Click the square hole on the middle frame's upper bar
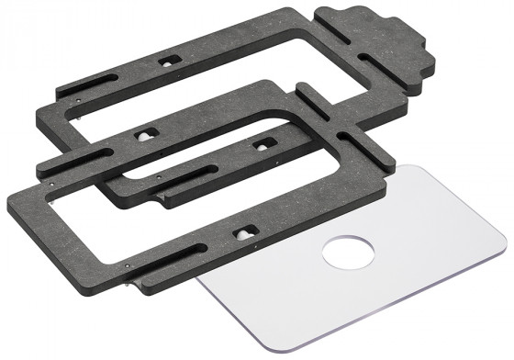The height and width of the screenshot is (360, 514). (x=144, y=133)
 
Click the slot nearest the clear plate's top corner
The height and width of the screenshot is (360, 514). (x=353, y=148)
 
